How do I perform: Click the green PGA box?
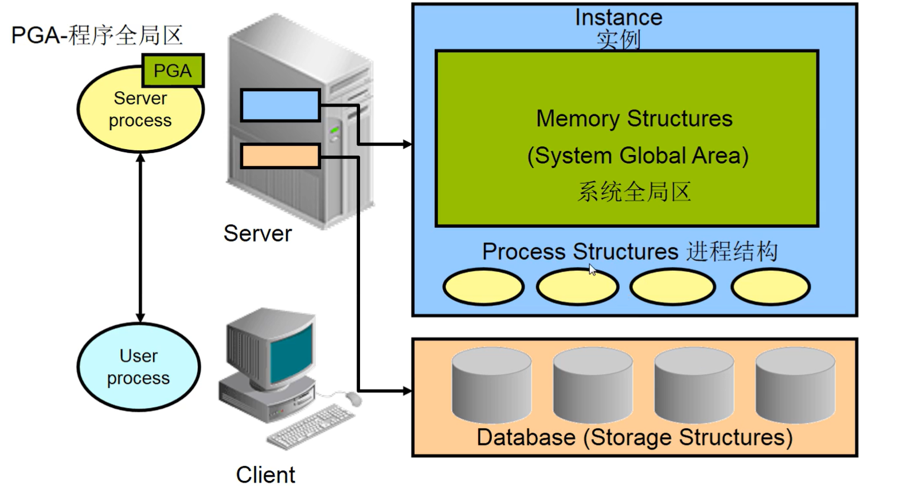(173, 71)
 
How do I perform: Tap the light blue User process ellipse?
(139, 367)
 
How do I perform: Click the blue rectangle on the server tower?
(280, 106)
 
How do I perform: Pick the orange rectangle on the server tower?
(280, 156)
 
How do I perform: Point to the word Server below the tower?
(257, 234)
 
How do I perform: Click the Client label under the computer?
(265, 475)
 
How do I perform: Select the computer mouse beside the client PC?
(353, 398)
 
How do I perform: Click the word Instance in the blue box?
(619, 17)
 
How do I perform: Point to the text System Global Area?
(638, 155)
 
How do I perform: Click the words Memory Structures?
(634, 119)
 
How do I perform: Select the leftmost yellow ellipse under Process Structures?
(483, 287)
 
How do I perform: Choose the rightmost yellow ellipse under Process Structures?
(771, 287)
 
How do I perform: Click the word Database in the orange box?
(526, 438)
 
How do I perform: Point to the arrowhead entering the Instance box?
(407, 144)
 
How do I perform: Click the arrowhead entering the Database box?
(407, 391)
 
